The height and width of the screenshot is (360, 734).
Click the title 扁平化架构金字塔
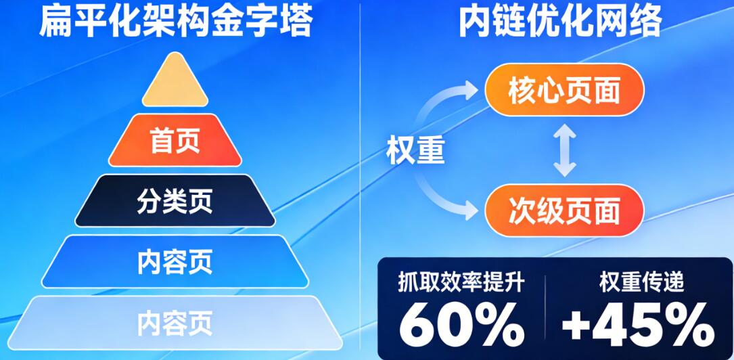coord(175,22)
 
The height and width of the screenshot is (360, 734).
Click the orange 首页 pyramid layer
coord(175,141)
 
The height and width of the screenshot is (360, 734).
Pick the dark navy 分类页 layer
coord(175,201)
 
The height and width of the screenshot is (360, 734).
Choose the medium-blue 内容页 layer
coord(175,261)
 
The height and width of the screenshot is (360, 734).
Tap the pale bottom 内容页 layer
coord(175,321)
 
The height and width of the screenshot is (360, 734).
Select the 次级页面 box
coord(564,210)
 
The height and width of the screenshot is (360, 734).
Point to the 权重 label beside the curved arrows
coord(415,150)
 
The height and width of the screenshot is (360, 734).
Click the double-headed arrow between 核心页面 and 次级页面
coord(564,150)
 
